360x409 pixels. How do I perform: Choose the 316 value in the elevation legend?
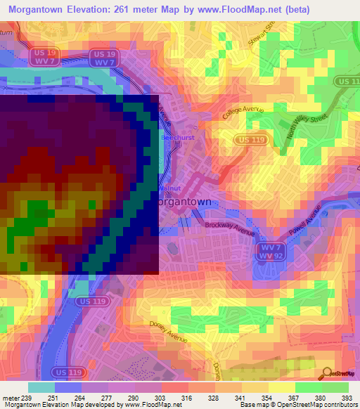click(188, 398)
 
